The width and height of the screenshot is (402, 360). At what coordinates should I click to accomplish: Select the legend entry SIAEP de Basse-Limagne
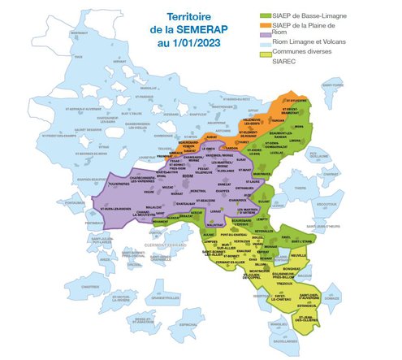click(x=313, y=15)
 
